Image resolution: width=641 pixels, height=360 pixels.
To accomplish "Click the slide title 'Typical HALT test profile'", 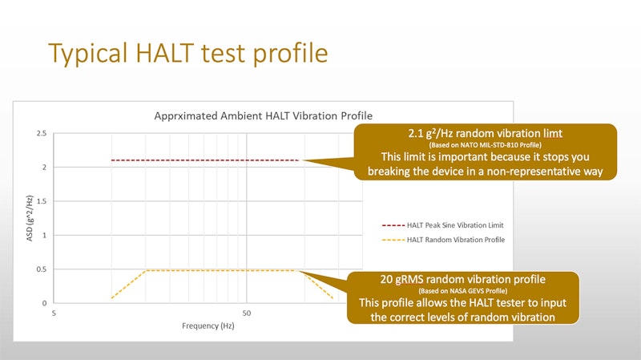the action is pyautogui.click(x=188, y=54).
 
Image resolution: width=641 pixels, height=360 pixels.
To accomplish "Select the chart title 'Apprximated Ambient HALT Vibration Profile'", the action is pyautogui.click(x=264, y=115).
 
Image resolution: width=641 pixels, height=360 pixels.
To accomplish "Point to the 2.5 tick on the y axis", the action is pyautogui.click(x=42, y=133).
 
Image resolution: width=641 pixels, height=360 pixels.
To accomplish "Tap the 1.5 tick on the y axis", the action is pyautogui.click(x=42, y=201).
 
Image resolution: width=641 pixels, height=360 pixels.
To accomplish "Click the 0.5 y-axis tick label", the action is pyautogui.click(x=42, y=269).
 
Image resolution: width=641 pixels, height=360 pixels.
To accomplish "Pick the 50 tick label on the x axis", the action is pyautogui.click(x=247, y=313).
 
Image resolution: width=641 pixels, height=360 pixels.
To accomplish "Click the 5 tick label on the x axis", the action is pyautogui.click(x=54, y=313).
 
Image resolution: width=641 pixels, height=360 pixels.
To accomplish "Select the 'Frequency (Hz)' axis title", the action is pyautogui.click(x=208, y=326).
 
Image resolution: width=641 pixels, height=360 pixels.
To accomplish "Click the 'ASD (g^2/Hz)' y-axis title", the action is pyautogui.click(x=30, y=218).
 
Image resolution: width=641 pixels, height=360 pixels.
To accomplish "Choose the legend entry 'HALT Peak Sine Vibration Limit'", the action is pyautogui.click(x=443, y=225).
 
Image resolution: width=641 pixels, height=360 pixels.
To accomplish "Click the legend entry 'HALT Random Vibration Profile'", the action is pyautogui.click(x=444, y=240).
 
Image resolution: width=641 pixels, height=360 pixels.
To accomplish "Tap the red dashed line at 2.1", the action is pyautogui.click(x=205, y=160).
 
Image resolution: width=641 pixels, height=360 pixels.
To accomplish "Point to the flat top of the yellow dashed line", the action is pyautogui.click(x=222, y=270).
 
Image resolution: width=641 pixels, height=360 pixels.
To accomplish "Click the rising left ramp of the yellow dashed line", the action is pyautogui.click(x=129, y=284).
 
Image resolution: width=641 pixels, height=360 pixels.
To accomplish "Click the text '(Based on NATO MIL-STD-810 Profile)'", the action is pyautogui.click(x=486, y=145).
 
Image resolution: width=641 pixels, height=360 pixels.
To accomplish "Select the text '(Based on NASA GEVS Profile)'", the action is pyautogui.click(x=463, y=291).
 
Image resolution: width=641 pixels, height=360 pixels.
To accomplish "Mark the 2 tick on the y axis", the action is pyautogui.click(x=44, y=168).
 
